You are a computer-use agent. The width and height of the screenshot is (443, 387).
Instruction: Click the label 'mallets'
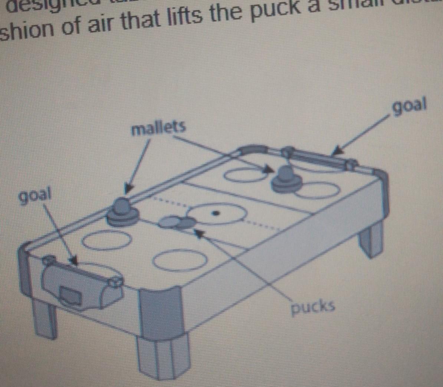[x=158, y=128]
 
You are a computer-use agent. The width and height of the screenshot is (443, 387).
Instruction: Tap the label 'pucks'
[x=313, y=306]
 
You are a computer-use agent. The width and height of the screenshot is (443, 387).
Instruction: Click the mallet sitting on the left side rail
[x=122, y=211]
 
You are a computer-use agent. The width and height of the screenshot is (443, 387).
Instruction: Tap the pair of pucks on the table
[x=177, y=222]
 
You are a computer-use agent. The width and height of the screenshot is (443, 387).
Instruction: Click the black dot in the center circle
[x=215, y=213]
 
